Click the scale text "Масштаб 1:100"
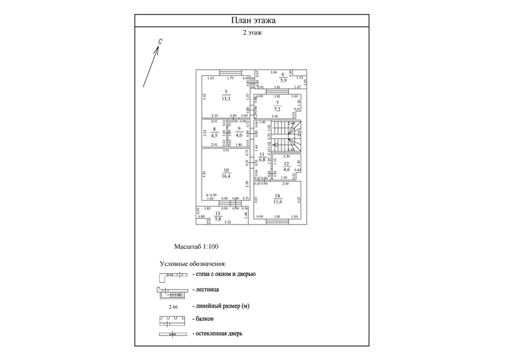point(194,246)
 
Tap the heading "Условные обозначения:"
point(192,263)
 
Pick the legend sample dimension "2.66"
point(174,306)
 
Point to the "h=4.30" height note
point(211,194)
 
